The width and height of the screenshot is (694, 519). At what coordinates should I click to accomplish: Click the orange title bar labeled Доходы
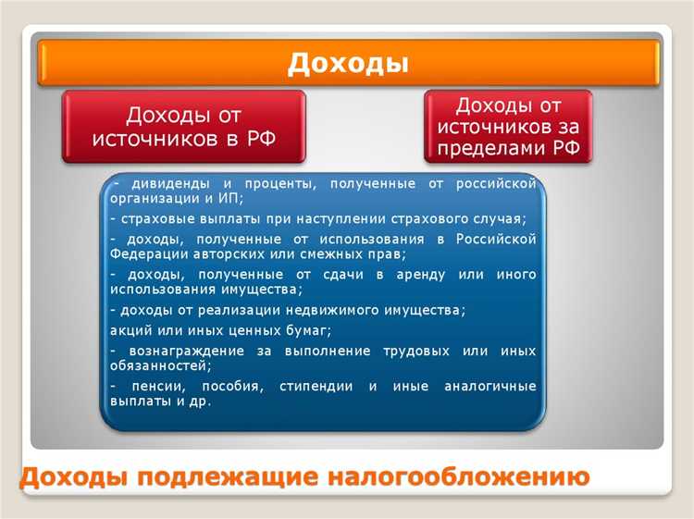[347, 63]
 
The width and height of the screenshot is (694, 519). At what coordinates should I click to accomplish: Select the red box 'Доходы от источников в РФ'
[183, 128]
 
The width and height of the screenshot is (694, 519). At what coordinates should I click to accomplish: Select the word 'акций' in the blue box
[127, 329]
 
